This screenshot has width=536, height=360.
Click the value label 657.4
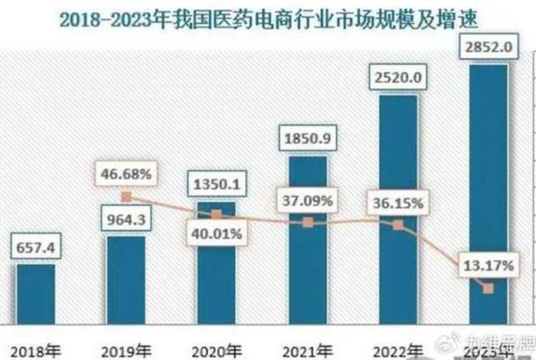pyautogui.click(x=36, y=248)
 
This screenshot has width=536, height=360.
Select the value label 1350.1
pyautogui.click(x=217, y=186)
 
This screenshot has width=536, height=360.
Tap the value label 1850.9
pyautogui.click(x=307, y=140)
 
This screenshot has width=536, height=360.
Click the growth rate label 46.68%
pyautogui.click(x=126, y=175)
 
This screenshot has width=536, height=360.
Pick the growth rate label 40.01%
pyautogui.click(x=217, y=234)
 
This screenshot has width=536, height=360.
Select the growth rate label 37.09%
pyautogui.click(x=307, y=202)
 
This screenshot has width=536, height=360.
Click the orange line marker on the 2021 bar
pyautogui.click(x=307, y=222)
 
